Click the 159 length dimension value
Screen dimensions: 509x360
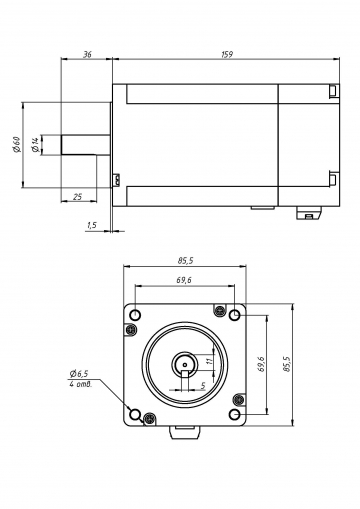click(x=227, y=55)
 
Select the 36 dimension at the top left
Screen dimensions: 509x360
click(x=89, y=55)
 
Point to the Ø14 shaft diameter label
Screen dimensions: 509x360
click(x=36, y=145)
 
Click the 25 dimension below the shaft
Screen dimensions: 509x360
click(x=78, y=197)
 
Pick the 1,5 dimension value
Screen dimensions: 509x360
click(x=92, y=226)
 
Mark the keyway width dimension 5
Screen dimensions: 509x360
click(x=203, y=384)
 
